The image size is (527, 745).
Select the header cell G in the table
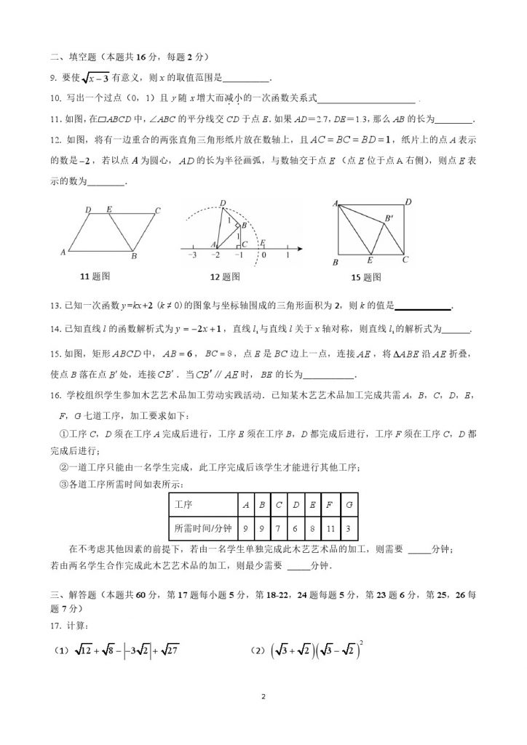click(351, 504)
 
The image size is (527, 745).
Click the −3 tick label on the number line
click(192, 255)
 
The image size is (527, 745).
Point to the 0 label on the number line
click(263, 255)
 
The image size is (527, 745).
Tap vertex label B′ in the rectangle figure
click(390, 217)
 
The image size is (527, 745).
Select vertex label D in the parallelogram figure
click(88, 210)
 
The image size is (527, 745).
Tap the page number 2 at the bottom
click(263, 697)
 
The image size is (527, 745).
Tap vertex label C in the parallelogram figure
click(157, 211)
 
